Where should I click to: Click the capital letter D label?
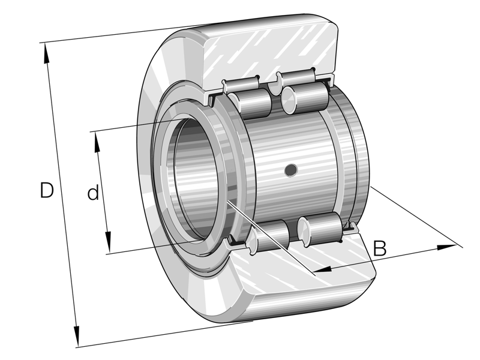pyautogui.click(x=47, y=190)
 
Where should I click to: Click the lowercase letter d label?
pyautogui.click(x=92, y=193)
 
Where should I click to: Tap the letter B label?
pyautogui.click(x=380, y=248)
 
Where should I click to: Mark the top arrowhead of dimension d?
pyautogui.click(x=96, y=137)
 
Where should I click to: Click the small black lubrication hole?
pyautogui.click(x=291, y=170)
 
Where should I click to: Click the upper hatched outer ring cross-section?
pyautogui.click(x=270, y=51)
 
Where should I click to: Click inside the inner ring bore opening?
pyautogui.click(x=192, y=180)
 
